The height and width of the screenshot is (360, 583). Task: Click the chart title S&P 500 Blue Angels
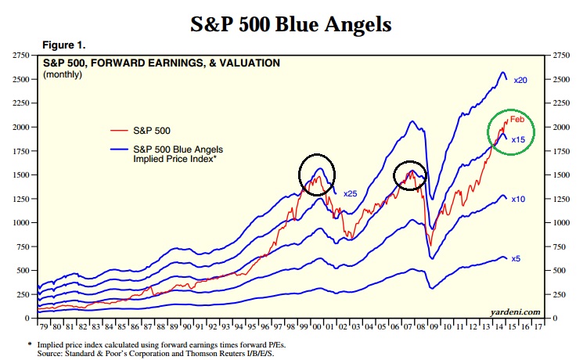(291, 23)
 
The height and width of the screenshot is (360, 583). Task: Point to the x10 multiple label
(518, 200)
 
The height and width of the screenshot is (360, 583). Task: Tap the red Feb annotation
(516, 119)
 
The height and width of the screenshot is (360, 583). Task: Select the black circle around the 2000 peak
(316, 174)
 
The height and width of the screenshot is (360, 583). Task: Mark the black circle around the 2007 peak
(406, 175)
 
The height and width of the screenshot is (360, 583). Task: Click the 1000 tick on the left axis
(19, 223)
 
